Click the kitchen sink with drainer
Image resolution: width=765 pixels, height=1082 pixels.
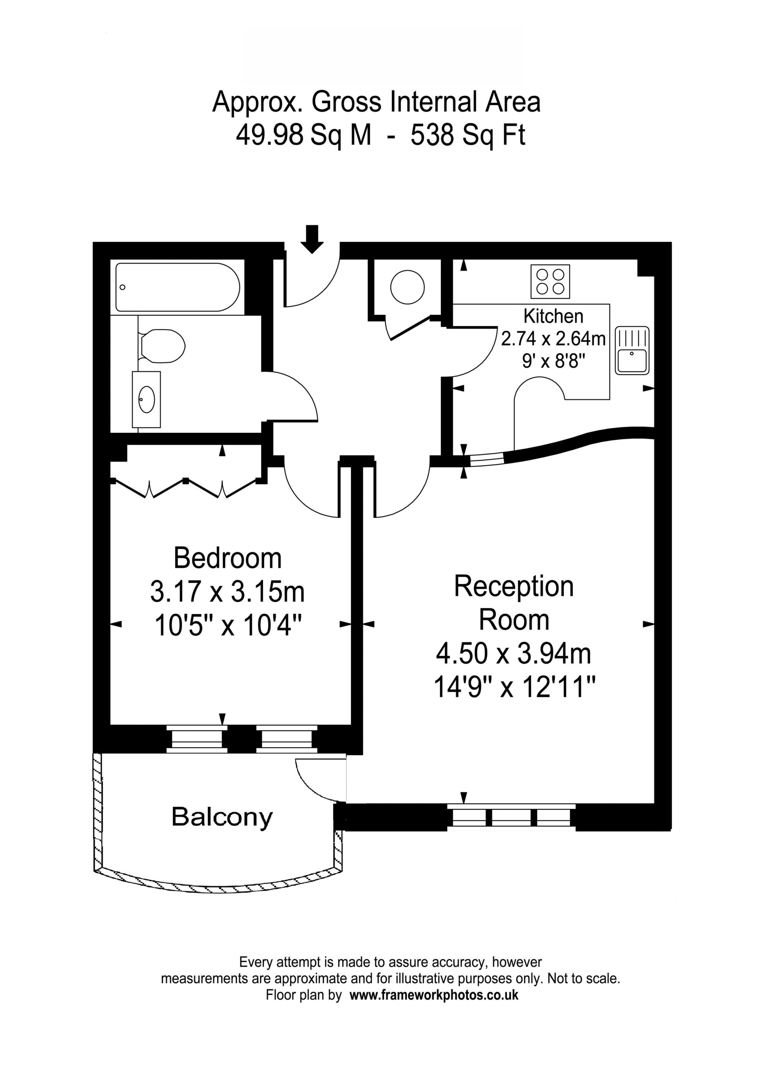coord(632,351)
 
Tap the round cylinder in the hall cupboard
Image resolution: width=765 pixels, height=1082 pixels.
coord(408,287)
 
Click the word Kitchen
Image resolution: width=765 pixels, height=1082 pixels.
coord(553,316)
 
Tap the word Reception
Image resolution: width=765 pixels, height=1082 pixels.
coord(514,587)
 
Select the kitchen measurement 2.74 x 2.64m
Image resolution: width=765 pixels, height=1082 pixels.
coord(553,339)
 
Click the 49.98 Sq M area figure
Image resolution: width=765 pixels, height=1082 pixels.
coord(303,135)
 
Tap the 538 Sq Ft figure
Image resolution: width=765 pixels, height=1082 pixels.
coord(468,135)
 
